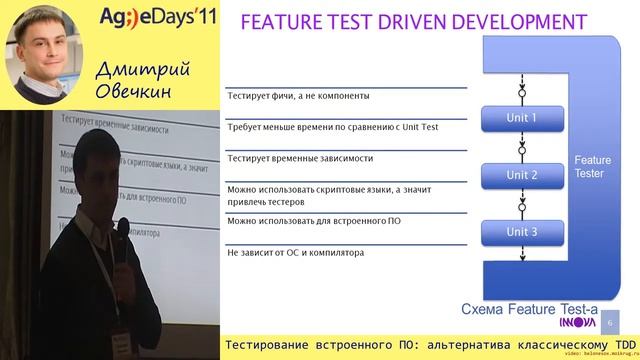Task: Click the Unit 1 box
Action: tap(521, 118)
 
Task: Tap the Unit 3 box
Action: tap(521, 232)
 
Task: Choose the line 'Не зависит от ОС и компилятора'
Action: tap(295, 252)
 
